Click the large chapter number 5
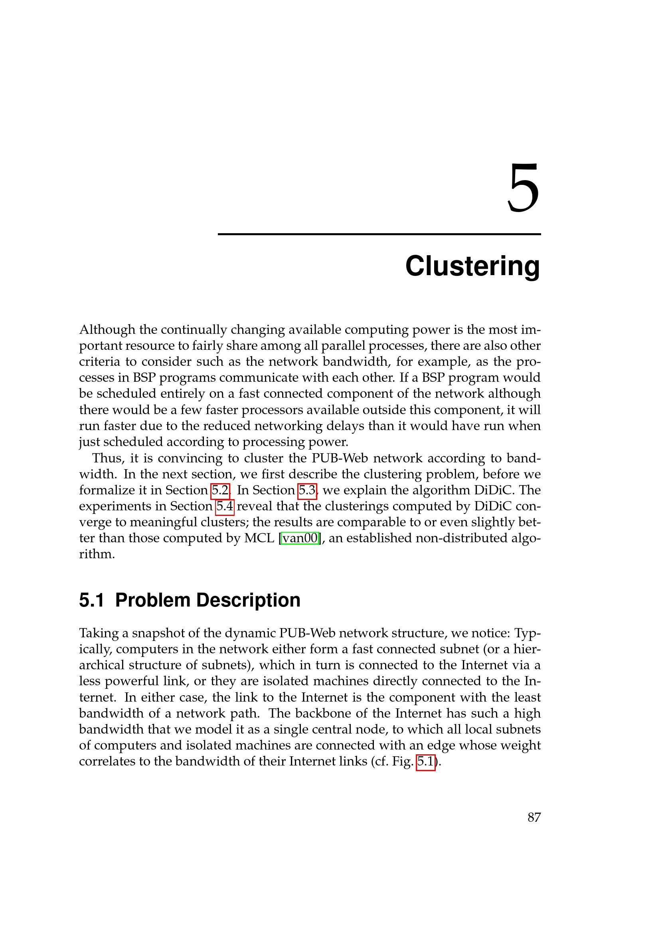click(x=524, y=188)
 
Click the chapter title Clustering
click(x=472, y=266)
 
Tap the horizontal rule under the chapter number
click(x=379, y=234)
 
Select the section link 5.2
click(x=220, y=490)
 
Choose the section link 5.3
click(x=307, y=490)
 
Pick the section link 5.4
click(x=224, y=506)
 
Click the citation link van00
click(x=300, y=538)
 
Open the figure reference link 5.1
click(x=425, y=761)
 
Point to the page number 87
click(x=534, y=817)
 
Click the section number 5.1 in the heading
click(x=91, y=600)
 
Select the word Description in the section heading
click(x=248, y=600)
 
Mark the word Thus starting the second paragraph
click(x=107, y=458)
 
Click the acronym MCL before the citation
click(x=259, y=538)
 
